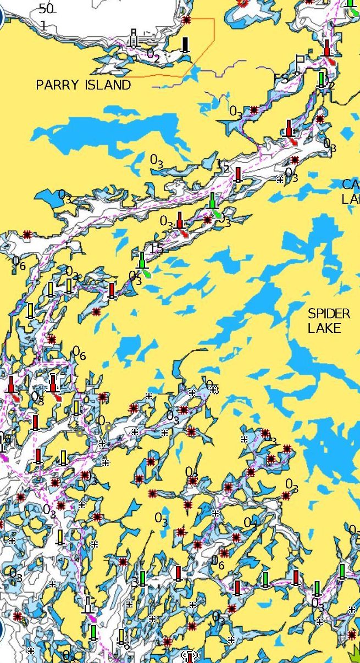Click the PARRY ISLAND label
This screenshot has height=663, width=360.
pos(83,85)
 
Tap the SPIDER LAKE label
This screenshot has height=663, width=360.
pos(329,321)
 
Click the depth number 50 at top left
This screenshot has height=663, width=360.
pos(47,9)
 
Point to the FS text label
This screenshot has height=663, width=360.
pos(281,80)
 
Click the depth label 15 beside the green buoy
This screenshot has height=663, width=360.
pos(157,248)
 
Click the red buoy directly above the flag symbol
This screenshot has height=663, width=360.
pos(327,48)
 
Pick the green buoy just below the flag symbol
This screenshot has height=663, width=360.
pos(322,79)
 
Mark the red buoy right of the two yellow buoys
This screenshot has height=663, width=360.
pos(112,289)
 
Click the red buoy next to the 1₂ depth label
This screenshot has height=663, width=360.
pos(238,174)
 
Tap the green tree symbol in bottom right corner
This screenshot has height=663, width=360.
pos(355,655)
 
